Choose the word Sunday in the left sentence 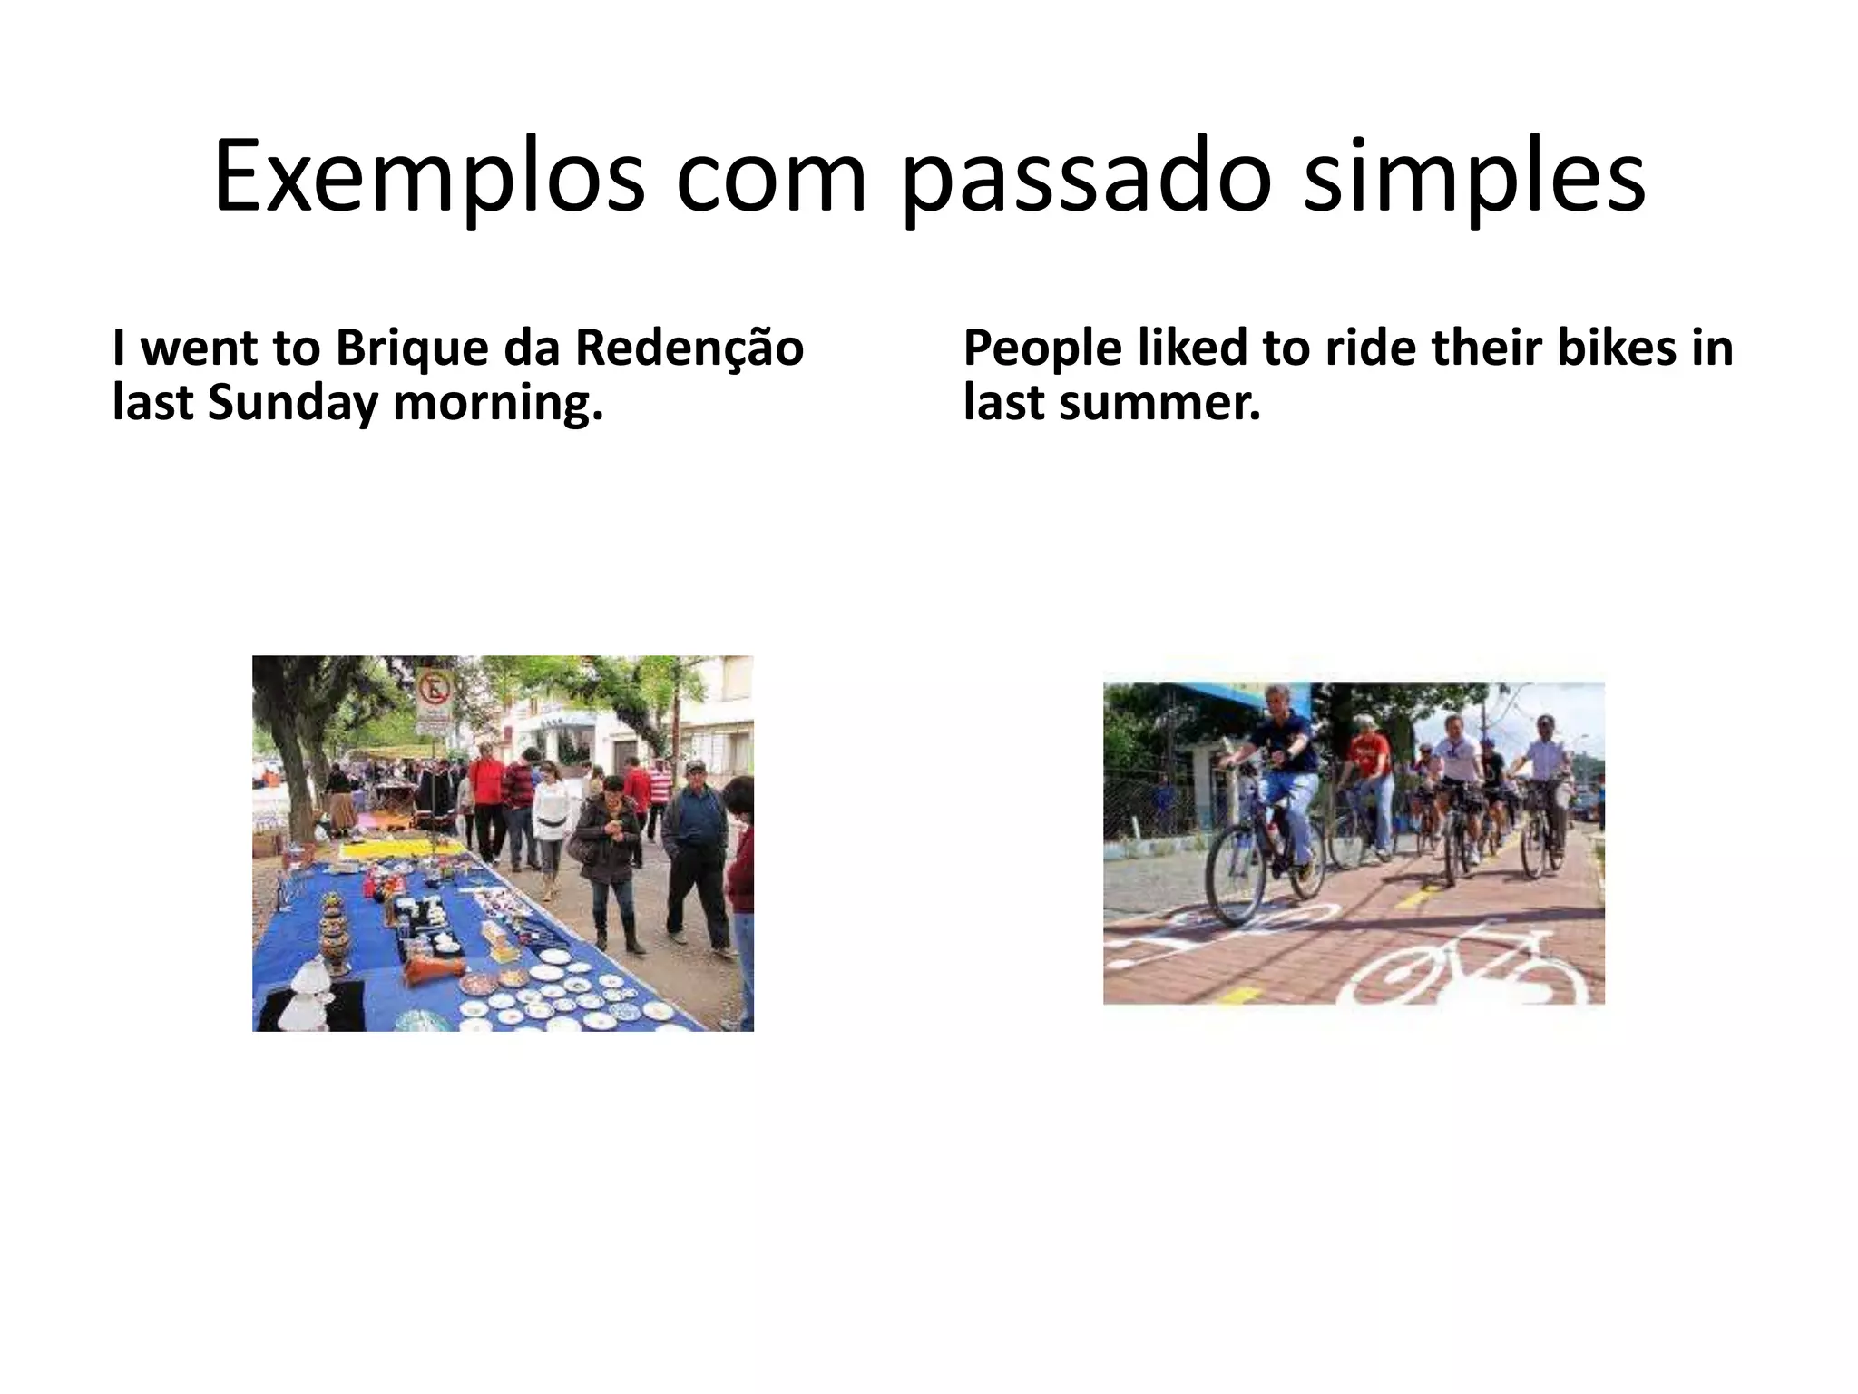click(x=292, y=403)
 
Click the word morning click(x=498, y=403)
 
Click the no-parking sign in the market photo click(x=435, y=690)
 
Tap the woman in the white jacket click(x=551, y=817)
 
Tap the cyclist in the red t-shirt click(x=1366, y=780)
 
